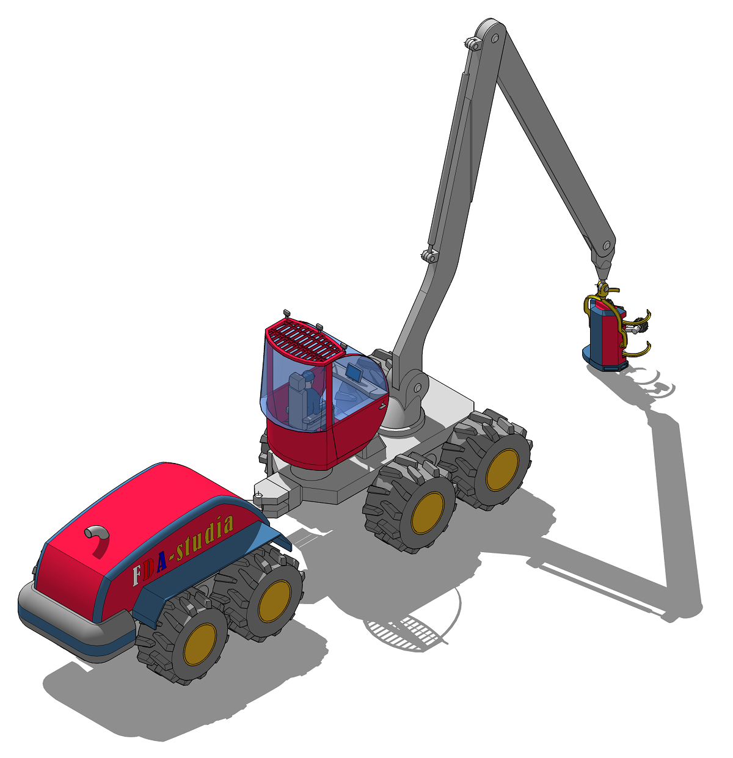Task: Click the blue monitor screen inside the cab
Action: pos(354,372)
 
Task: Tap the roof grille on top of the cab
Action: pos(304,340)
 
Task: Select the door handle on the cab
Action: pos(382,407)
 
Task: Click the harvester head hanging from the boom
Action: pos(611,331)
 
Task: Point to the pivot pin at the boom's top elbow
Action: pos(495,38)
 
